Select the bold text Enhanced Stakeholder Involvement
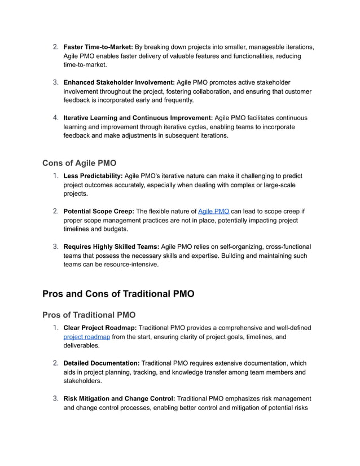point(118,82)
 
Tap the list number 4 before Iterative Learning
point(56,118)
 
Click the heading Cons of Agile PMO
point(79,163)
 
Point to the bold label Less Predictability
point(92,176)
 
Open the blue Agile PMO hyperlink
point(213,212)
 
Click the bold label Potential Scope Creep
point(98,212)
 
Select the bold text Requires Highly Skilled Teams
point(111,247)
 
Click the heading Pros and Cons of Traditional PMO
point(118,294)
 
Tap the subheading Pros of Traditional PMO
point(89,315)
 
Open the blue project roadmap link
point(86,337)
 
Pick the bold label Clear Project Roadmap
point(99,328)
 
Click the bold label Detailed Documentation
point(101,363)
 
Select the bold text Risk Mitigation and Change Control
point(118,399)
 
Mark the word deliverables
point(82,346)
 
